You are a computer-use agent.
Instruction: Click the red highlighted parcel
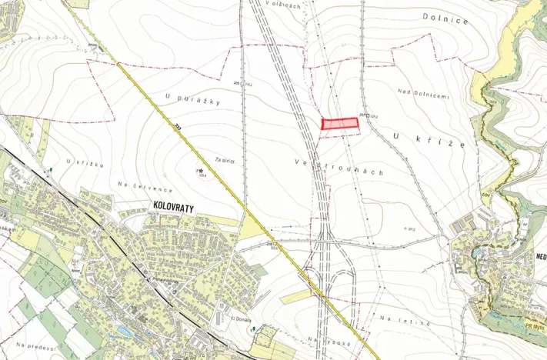pyautogui.click(x=339, y=123)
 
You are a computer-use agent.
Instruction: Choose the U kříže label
pyautogui.click(x=419, y=138)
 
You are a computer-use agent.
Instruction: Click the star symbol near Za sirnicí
pyautogui.click(x=201, y=171)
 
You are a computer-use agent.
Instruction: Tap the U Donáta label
pyautogui.click(x=242, y=316)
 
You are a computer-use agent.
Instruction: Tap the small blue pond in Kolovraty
pyautogui.click(x=120, y=334)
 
